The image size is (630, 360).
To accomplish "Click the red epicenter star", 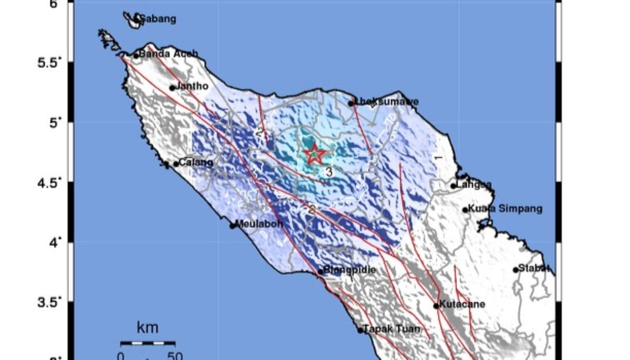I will point(314,154).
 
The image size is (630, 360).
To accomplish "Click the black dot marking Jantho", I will point(172,88).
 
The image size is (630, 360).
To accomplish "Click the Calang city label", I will point(196,163).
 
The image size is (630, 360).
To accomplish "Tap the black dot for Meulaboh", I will point(233,226).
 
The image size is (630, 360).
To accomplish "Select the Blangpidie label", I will point(350,270).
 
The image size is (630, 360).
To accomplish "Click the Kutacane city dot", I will point(436,305).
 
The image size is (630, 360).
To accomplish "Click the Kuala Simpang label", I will point(505,209).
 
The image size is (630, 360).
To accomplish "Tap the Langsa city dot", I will point(453,186).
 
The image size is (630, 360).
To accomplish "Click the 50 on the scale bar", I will point(174,356).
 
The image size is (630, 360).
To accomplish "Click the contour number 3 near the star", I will point(329,172).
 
